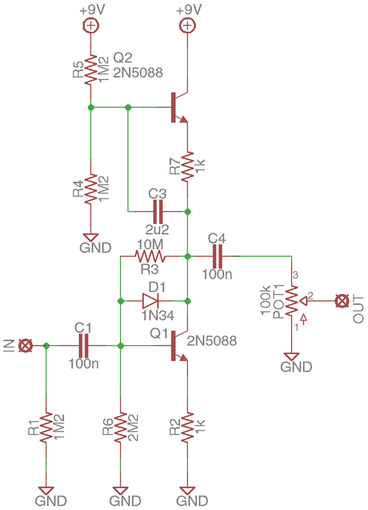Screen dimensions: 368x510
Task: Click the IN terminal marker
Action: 25,346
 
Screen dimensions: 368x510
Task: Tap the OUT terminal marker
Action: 341,301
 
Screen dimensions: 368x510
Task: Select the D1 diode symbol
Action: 150,301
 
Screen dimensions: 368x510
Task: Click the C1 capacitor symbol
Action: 83,346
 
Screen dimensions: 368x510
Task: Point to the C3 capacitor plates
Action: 157,212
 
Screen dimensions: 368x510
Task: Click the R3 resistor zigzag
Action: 150,256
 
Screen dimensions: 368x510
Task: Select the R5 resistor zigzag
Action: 90,70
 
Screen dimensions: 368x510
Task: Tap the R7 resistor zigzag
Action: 187,166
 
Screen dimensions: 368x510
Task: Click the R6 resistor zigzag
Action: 120,427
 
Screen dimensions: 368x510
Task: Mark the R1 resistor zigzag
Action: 46,427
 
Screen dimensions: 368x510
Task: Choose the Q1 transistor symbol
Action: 180,346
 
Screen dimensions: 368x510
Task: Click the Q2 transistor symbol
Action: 180,107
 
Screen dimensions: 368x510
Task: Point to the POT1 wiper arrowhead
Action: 303,301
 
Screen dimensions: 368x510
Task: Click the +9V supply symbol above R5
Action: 90,25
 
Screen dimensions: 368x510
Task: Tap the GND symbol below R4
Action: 90,237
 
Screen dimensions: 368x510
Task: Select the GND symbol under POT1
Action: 292,356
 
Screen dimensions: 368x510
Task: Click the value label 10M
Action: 150,244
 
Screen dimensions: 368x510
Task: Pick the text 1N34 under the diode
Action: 158,315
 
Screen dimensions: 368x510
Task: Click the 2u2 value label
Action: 157,229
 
